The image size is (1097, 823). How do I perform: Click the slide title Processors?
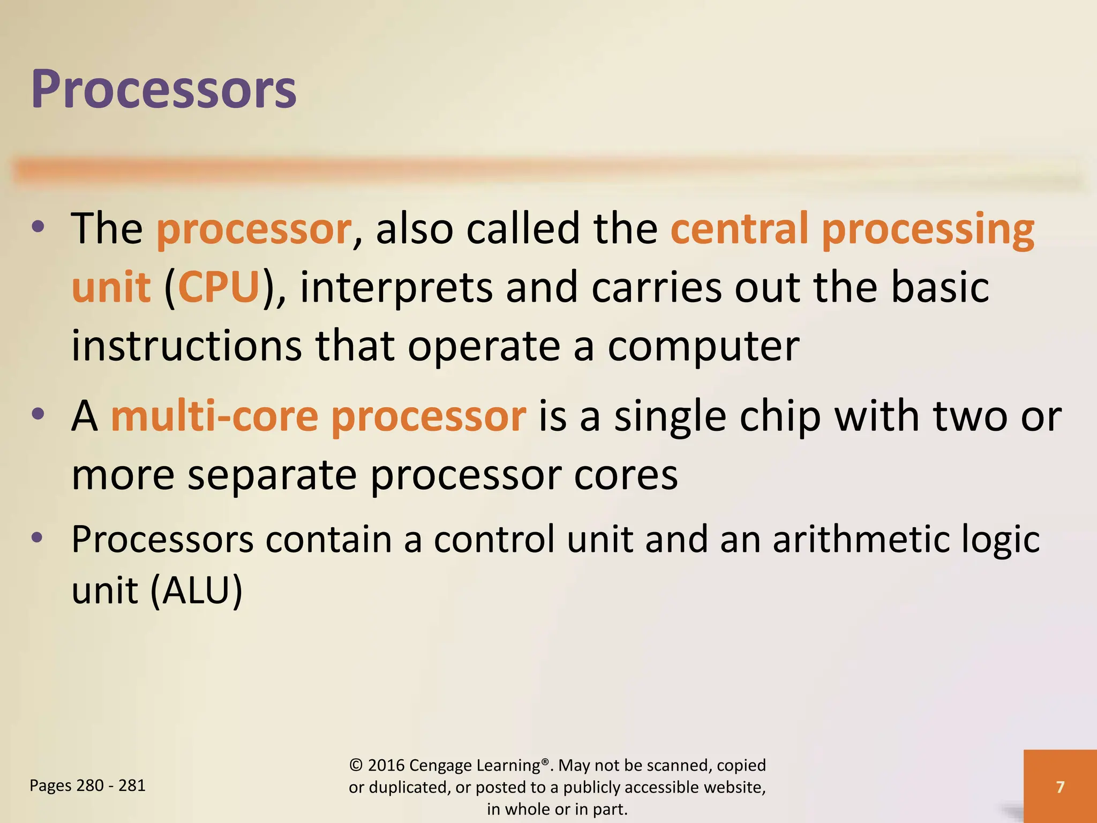pyautogui.click(x=163, y=89)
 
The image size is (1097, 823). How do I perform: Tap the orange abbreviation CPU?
pyautogui.click(x=219, y=287)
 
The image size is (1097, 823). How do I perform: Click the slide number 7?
pyautogui.click(x=1060, y=787)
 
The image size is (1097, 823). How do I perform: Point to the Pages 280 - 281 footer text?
pyautogui.click(x=87, y=785)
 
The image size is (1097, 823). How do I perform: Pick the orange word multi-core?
pyautogui.click(x=214, y=416)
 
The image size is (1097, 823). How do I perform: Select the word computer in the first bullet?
pyautogui.click(x=703, y=347)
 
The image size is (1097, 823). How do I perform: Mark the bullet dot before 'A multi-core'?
pyautogui.click(x=37, y=414)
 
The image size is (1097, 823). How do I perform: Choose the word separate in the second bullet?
pyautogui.click(x=272, y=475)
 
